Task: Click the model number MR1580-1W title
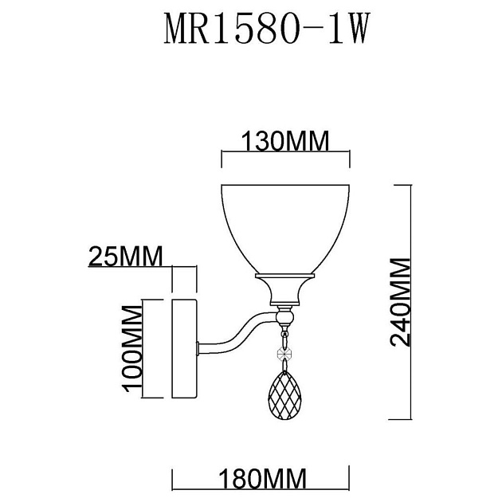click(267, 33)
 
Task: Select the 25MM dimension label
click(124, 257)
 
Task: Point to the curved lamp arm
click(239, 331)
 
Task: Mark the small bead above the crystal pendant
click(284, 354)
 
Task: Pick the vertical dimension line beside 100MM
click(143, 350)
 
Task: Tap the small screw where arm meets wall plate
click(199, 348)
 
